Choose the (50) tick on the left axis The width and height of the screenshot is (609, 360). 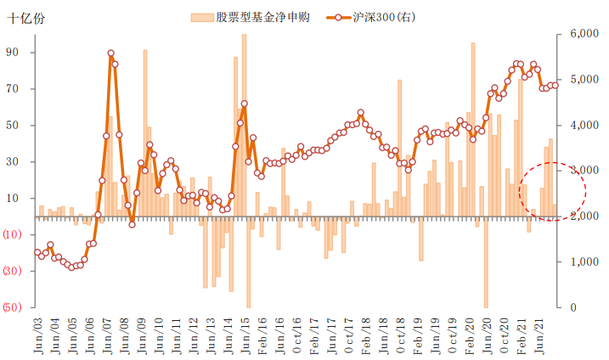click(x=13, y=307)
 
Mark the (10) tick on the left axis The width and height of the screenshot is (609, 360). click(x=13, y=234)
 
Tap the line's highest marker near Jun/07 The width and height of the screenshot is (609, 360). click(x=111, y=53)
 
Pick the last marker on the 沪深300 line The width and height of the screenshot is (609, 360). click(x=555, y=85)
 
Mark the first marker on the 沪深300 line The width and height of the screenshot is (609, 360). click(x=37, y=252)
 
